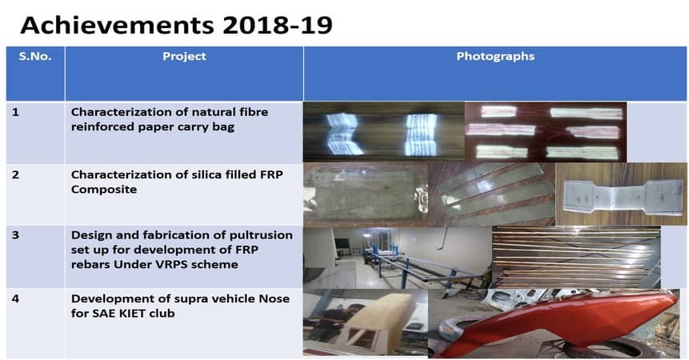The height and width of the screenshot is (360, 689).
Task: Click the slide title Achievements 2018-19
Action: [176, 25]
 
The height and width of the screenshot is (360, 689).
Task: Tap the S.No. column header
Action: [35, 56]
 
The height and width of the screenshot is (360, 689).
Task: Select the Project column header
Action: [184, 56]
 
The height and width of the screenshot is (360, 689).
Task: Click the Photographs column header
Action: [495, 56]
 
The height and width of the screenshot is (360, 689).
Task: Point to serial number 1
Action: [16, 112]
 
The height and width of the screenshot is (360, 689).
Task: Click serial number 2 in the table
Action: [16, 174]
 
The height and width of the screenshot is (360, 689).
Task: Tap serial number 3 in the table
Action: [16, 235]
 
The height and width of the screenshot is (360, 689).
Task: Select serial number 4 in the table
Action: [16, 299]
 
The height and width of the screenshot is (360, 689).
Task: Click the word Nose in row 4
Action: [274, 299]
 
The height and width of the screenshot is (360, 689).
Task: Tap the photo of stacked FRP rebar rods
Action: [576, 258]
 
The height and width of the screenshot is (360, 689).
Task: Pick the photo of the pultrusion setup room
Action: [398, 258]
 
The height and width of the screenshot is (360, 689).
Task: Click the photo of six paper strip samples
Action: [546, 132]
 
